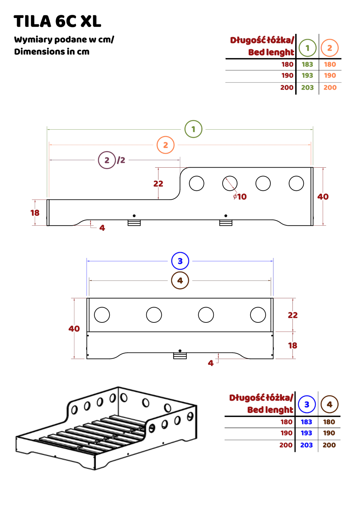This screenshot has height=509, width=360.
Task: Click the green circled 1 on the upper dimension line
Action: click(193, 129)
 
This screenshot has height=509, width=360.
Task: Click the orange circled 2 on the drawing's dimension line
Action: click(165, 145)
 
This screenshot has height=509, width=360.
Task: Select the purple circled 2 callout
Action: click(107, 160)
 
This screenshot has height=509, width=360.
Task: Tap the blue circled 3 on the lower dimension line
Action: click(180, 261)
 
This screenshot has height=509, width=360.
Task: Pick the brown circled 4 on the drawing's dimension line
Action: click(180, 281)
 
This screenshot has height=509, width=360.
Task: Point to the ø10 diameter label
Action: click(240, 197)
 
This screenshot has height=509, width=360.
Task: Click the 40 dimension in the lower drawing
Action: click(74, 328)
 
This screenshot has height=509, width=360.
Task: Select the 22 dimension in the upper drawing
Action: click(158, 184)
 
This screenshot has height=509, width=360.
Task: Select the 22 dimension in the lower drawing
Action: click(292, 315)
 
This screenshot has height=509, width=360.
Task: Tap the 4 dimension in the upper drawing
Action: click(102, 228)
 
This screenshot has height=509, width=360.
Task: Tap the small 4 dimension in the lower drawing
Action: click(211, 363)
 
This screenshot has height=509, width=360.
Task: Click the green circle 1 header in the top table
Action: click(307, 48)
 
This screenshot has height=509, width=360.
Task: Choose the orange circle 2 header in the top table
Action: click(330, 48)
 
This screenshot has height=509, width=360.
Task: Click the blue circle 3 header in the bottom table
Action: click(307, 404)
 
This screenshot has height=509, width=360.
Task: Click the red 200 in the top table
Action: click(287, 88)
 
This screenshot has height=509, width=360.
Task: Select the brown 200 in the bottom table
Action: click(329, 445)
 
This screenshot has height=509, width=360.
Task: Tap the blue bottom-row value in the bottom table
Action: click(306, 445)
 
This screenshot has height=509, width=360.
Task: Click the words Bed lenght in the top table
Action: click(271, 53)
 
